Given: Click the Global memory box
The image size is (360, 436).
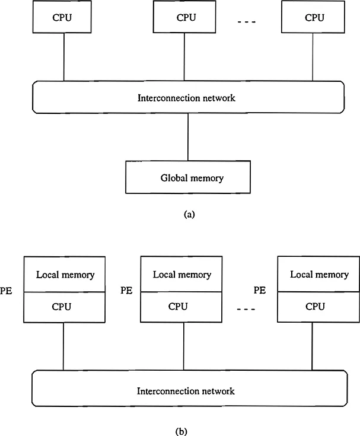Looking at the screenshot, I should click(x=187, y=177).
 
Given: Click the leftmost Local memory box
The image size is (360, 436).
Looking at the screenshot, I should click(x=65, y=275).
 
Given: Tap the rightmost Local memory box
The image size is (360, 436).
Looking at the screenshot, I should click(x=319, y=275).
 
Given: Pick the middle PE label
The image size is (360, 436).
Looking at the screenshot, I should click(x=126, y=291).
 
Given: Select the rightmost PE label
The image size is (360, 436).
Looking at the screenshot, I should click(x=259, y=291).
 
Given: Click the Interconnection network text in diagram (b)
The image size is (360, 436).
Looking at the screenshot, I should click(x=186, y=391).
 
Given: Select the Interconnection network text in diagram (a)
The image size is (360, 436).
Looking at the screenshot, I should click(x=186, y=97).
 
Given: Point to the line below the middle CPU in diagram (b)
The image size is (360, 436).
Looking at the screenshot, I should click(x=183, y=347).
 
